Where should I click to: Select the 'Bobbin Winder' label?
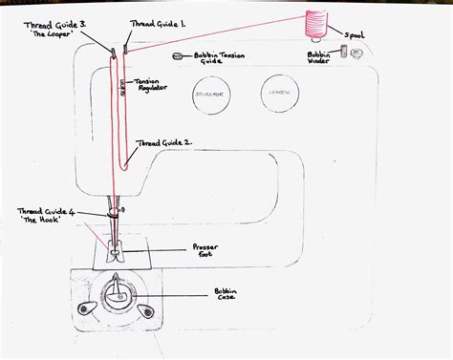(319, 58)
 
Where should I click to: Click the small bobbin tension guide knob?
(176, 56)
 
